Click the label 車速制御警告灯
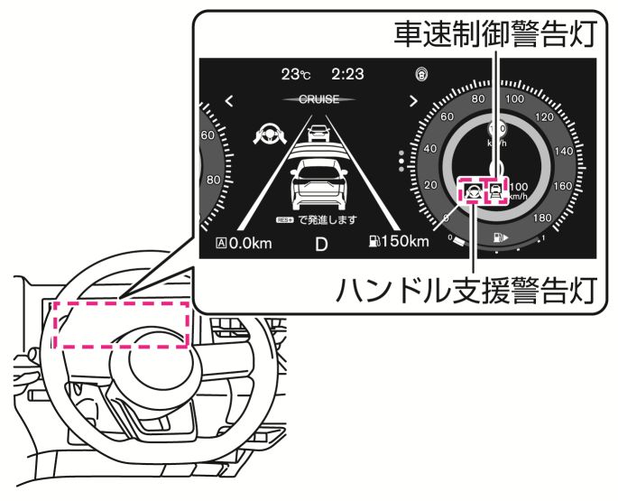[x=494, y=33]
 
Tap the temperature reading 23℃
[x=295, y=75]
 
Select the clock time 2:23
[x=347, y=75]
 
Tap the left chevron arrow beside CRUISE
[x=229, y=101]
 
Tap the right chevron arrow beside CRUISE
[x=412, y=101]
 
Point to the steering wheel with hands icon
[x=268, y=136]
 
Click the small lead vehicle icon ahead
[x=318, y=133]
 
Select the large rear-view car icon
[x=317, y=183]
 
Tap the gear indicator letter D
[x=320, y=244]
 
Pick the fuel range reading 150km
[x=398, y=242]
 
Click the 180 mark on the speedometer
[x=543, y=218]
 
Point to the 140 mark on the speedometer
[x=562, y=152]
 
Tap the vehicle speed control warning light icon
[x=495, y=190]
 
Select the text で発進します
[x=327, y=219]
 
